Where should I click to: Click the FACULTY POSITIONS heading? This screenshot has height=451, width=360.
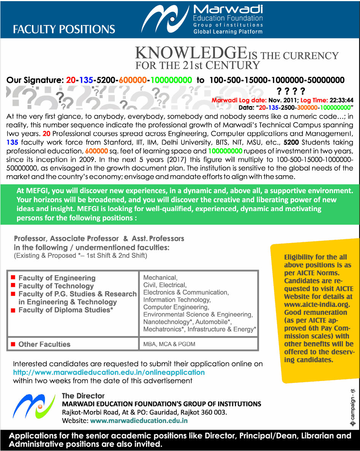pos(64,29)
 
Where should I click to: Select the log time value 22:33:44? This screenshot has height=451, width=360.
pos(341,101)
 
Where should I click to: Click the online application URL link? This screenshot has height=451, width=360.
pos(109,372)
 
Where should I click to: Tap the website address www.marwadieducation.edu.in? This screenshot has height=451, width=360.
pos(139,421)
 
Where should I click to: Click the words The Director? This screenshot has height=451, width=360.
pos(83,396)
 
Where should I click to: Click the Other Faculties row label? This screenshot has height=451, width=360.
pos(44,344)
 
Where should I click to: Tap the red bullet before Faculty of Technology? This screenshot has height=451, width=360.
pos(13,285)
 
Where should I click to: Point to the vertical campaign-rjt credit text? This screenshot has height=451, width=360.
pos(352,407)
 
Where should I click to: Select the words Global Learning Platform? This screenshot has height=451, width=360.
pos(228,32)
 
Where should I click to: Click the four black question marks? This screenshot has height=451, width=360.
pos(291,91)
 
